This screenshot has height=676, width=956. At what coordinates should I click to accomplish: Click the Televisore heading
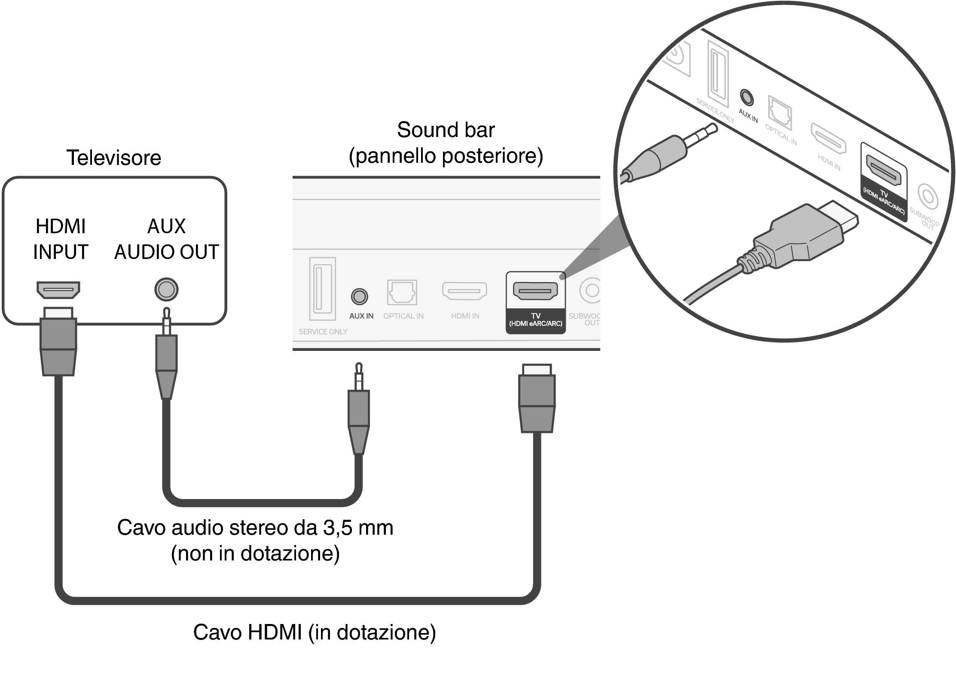tap(113, 158)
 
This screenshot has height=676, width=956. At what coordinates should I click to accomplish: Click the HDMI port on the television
tap(58, 290)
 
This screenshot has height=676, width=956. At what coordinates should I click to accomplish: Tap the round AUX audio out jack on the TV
tap(166, 289)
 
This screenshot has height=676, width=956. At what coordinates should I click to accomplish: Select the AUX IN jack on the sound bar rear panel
tap(359, 296)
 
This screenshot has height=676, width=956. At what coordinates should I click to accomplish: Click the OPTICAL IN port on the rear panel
tap(402, 292)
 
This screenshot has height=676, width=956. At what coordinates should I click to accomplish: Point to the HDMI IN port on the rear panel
tap(464, 291)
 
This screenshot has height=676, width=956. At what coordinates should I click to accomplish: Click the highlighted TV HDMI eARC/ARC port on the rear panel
tap(535, 291)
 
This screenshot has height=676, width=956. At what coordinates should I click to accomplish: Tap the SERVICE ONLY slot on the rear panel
tap(322, 289)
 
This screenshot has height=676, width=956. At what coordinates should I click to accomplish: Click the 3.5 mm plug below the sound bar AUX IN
tap(358, 412)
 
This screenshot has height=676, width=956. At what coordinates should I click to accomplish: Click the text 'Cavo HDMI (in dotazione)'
tap(314, 632)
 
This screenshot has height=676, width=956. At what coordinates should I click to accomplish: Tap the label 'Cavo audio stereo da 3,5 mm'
tap(255, 527)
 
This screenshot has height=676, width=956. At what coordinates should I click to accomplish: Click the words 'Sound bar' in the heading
tap(446, 130)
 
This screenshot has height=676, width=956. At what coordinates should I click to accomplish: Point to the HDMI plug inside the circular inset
tap(799, 241)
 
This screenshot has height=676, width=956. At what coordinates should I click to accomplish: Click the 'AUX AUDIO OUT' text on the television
tap(167, 239)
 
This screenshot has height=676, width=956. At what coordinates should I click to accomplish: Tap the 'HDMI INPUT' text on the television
tap(61, 239)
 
